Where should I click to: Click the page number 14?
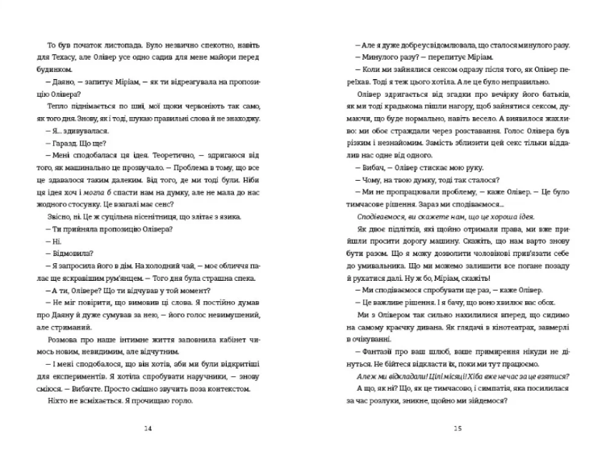click(147, 427)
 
